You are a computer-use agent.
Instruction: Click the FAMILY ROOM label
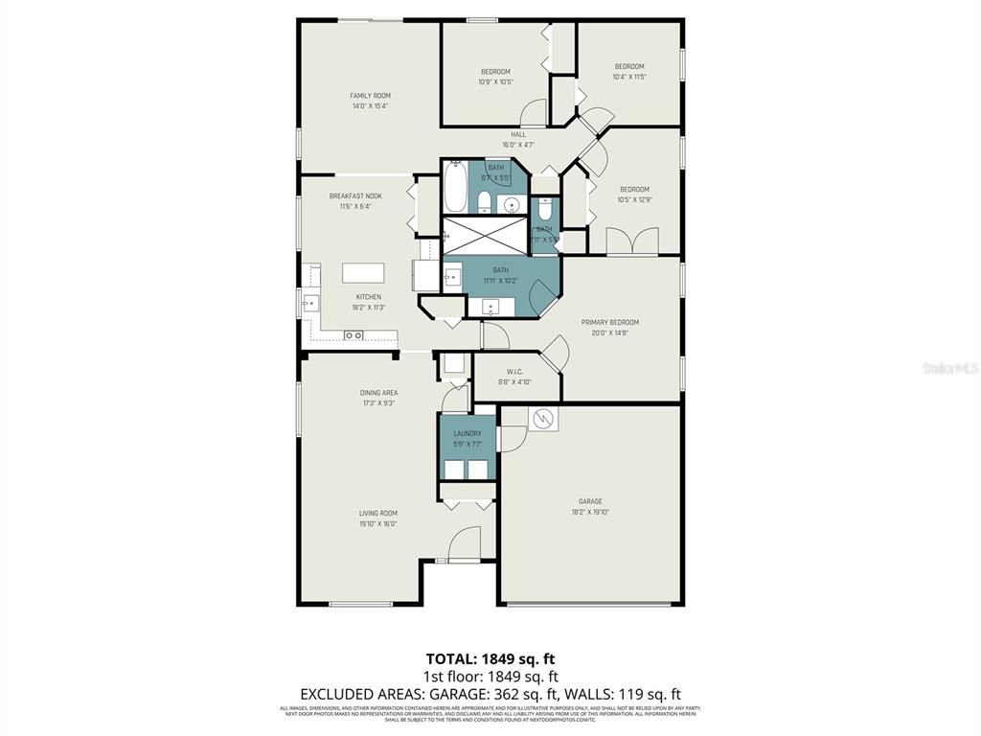coord(370,96)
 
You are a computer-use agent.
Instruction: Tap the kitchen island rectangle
coord(364,272)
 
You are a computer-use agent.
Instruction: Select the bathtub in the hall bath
coord(454,189)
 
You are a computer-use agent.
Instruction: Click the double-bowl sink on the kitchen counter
coord(353,335)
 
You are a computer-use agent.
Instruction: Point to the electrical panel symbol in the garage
coord(543,420)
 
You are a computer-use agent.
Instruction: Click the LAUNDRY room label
coord(468,434)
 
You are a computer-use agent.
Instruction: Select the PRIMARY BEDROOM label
coord(609,322)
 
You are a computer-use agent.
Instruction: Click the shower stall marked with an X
coord(485,235)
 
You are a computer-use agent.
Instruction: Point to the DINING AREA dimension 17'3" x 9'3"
coord(378,403)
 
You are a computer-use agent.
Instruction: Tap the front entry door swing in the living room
coord(464,543)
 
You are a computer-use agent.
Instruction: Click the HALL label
coord(518,134)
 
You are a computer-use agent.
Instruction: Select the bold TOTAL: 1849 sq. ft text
coord(490,658)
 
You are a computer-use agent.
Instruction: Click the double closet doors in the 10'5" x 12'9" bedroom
coord(632,241)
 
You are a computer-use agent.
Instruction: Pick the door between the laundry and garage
coord(510,437)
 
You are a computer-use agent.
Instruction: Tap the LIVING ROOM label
coord(378,513)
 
